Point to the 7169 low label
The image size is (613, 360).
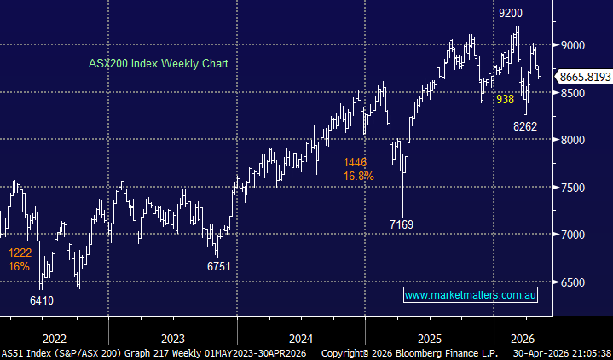[402, 225]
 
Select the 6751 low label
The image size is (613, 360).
[218, 266]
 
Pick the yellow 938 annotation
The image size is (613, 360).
[506, 99]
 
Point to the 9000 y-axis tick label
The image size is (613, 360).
[574, 45]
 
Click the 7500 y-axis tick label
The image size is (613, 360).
[574, 188]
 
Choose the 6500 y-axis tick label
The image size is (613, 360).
[574, 282]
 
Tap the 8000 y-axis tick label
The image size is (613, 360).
[574, 140]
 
